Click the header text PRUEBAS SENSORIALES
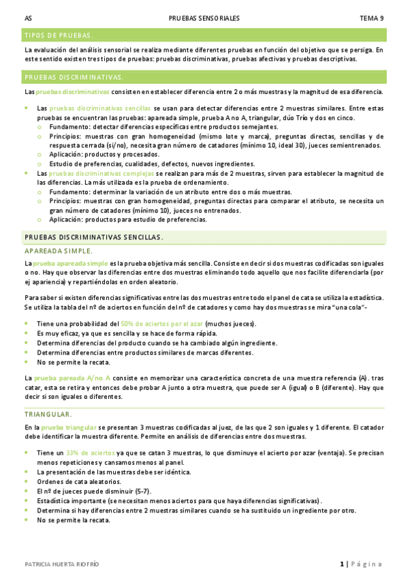click(x=204, y=18)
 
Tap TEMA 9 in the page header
click(x=372, y=18)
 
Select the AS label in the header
click(x=27, y=18)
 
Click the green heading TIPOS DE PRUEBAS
click(x=59, y=35)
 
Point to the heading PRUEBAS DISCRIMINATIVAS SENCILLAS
click(x=93, y=237)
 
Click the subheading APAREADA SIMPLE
click(x=53, y=251)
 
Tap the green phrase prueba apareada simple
click(x=70, y=263)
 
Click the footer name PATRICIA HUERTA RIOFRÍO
click(x=62, y=564)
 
